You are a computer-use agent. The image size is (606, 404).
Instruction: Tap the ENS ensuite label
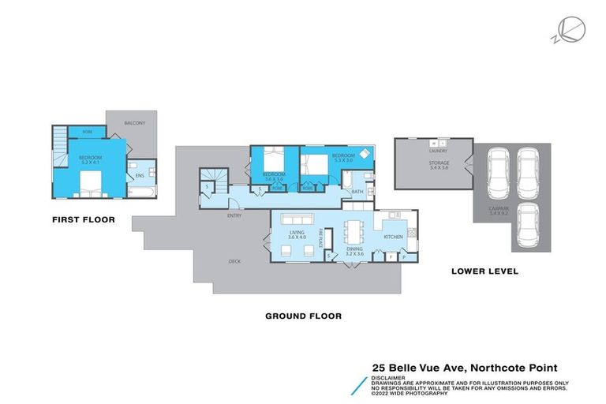pyautogui.click(x=140, y=175)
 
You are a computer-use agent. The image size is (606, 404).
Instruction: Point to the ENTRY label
pyautogui.click(x=234, y=215)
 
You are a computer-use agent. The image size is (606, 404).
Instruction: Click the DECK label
pyautogui.click(x=234, y=261)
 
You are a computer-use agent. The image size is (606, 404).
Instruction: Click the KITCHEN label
pyautogui.click(x=393, y=236)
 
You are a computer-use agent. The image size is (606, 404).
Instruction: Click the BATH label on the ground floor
pyautogui.click(x=357, y=192)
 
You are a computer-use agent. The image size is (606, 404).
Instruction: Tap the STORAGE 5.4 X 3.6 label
pyautogui.click(x=439, y=166)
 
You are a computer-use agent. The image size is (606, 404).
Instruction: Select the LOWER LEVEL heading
pyautogui.click(x=484, y=271)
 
